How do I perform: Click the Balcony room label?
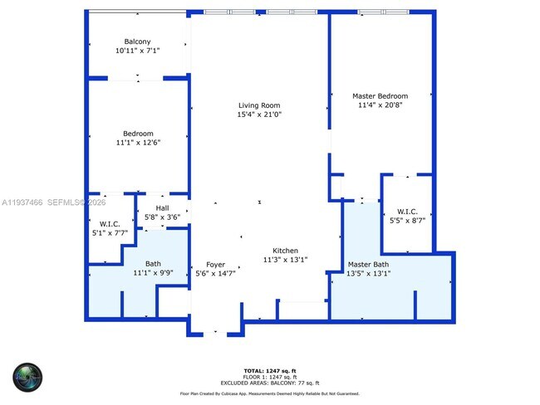[x=138, y=41]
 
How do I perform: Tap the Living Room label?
[x=259, y=105]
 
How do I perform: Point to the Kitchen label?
[x=286, y=251]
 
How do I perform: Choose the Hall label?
[x=162, y=209]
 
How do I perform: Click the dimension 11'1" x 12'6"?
[x=138, y=143]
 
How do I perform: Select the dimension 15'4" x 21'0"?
[x=259, y=115]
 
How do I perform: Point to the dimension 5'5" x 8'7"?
[x=407, y=221]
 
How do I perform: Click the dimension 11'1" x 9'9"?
[x=153, y=272]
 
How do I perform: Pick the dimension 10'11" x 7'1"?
[x=138, y=51]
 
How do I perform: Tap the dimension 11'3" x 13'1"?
[x=286, y=260]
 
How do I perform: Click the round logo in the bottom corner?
[x=27, y=377]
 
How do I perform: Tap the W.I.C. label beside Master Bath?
[x=407, y=211]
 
